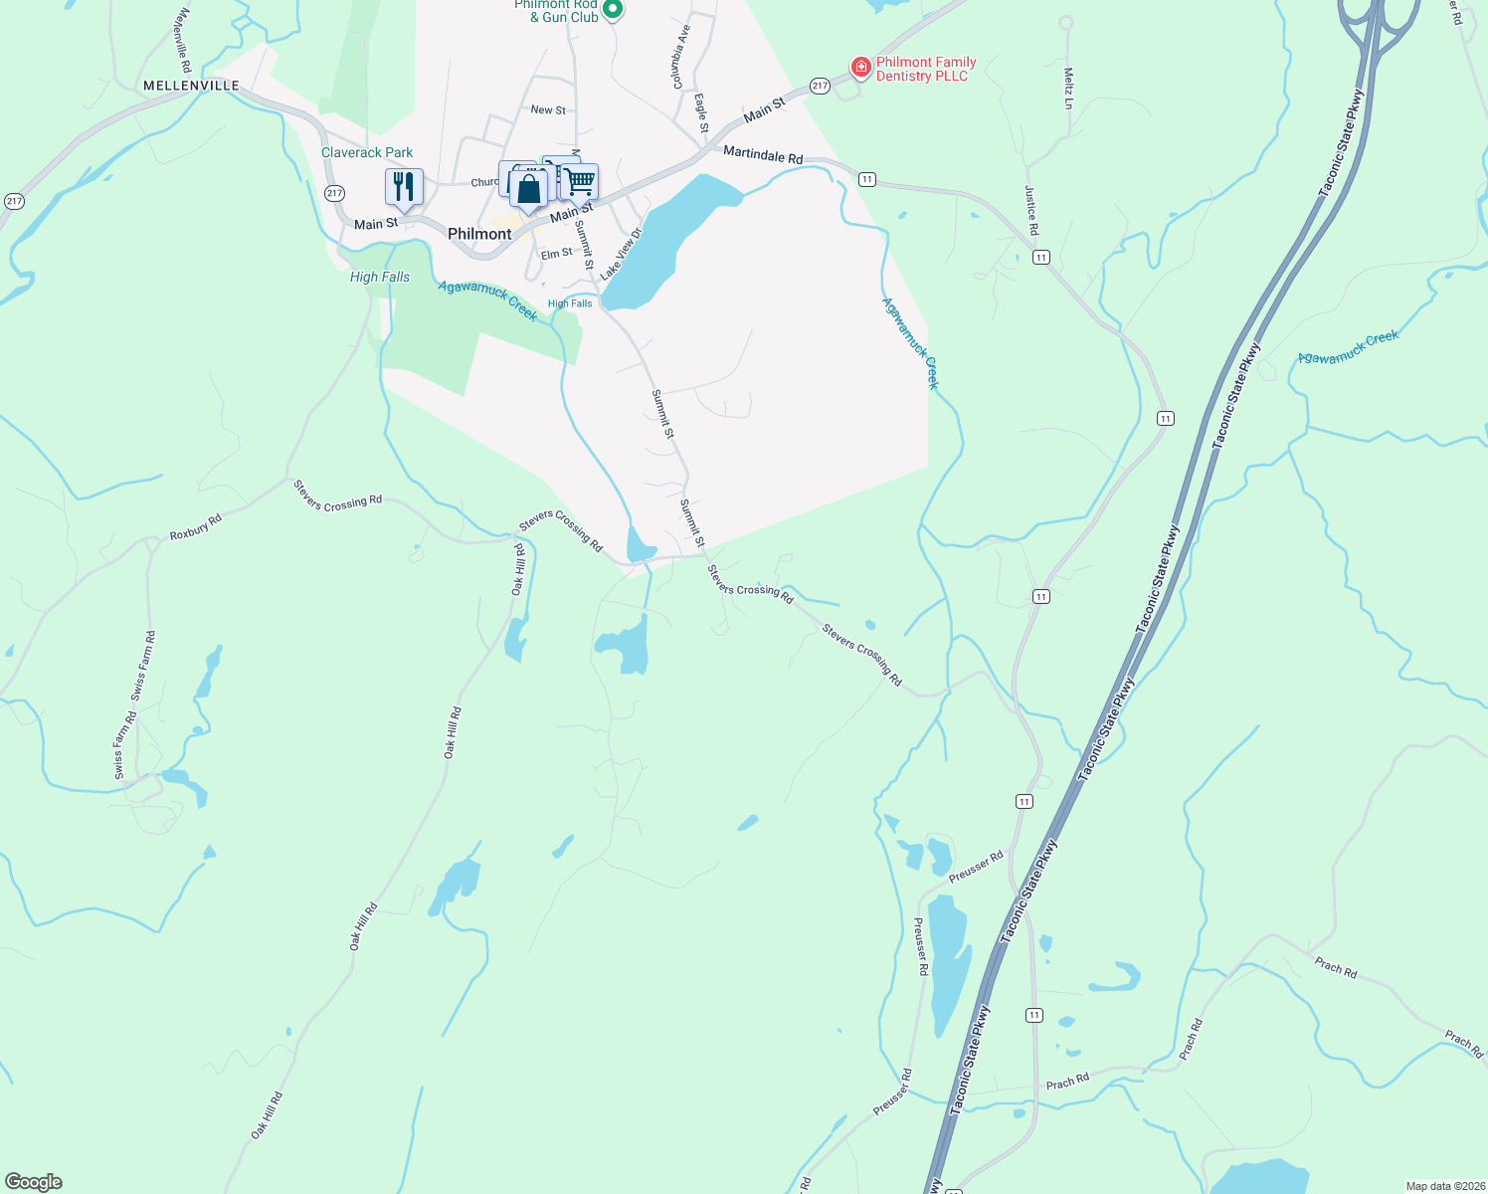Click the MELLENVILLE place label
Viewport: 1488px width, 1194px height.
(191, 86)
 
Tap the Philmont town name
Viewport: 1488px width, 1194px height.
(479, 234)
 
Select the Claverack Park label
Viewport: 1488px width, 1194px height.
(367, 152)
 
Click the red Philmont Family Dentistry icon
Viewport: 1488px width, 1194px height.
(861, 68)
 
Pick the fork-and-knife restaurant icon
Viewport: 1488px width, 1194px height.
(404, 186)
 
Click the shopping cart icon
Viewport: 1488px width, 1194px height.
(580, 182)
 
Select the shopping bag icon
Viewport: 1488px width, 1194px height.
(529, 188)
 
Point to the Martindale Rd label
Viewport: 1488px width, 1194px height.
(763, 154)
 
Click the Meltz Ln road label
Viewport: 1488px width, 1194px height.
(1068, 89)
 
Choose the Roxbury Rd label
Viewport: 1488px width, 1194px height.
(195, 526)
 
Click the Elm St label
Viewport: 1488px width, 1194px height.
(557, 254)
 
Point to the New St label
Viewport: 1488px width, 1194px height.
(548, 110)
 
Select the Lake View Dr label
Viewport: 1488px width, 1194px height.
(622, 253)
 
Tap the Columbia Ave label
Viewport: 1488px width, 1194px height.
(680, 57)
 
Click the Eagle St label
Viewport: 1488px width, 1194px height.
(701, 113)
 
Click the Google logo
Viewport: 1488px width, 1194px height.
(34, 1182)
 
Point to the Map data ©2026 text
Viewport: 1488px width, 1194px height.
(1444, 1186)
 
